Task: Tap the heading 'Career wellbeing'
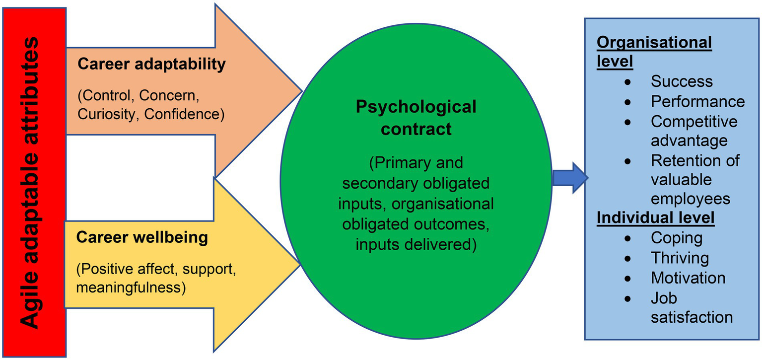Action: coord(142,237)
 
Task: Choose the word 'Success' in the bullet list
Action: coord(682,81)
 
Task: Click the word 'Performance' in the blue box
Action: coord(697,101)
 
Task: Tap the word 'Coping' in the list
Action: coord(677,238)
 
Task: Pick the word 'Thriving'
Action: coord(680,258)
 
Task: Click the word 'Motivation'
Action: coord(688,278)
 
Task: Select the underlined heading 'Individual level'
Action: coord(655,218)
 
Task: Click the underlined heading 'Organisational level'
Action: coord(654,52)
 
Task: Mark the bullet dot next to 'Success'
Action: coord(628,81)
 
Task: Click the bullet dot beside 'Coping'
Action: coord(628,238)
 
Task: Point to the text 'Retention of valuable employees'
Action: coord(695,179)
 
